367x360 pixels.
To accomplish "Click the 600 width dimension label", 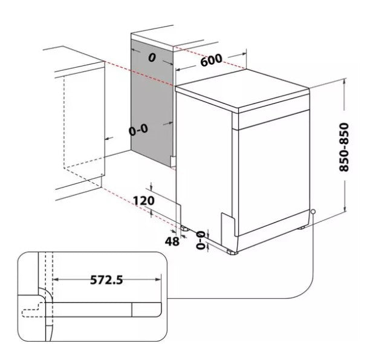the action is point(211,60).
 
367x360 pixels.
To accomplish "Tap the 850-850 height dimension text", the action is point(344,147).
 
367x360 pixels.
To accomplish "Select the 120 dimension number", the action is point(144,201).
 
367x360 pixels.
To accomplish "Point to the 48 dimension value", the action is point(172,241).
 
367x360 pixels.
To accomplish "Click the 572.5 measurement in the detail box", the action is point(106,280).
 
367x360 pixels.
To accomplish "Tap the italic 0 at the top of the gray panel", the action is point(152,57).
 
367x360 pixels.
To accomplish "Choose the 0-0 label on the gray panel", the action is point(138,129).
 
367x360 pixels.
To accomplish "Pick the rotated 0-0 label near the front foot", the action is point(201,240).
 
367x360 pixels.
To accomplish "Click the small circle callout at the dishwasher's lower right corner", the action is point(313,212).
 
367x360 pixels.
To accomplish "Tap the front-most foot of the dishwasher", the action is point(232,252).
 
